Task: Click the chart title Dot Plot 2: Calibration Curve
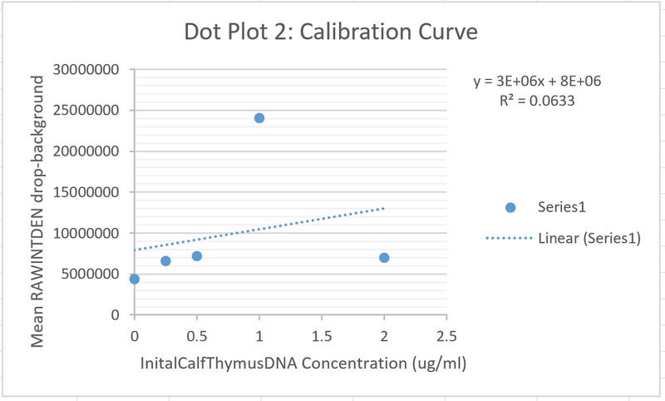(x=331, y=34)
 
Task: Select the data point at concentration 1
(x=259, y=118)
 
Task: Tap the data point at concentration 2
(x=384, y=258)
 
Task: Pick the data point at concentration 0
(x=135, y=280)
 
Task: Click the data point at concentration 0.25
(x=165, y=261)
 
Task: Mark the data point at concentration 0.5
(x=197, y=256)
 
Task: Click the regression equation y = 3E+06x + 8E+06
(x=537, y=81)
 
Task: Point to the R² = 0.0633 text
(x=537, y=100)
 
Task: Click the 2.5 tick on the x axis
(x=446, y=335)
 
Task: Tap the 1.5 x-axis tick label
(x=322, y=335)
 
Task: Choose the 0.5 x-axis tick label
(x=197, y=335)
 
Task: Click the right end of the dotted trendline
(x=384, y=208)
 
